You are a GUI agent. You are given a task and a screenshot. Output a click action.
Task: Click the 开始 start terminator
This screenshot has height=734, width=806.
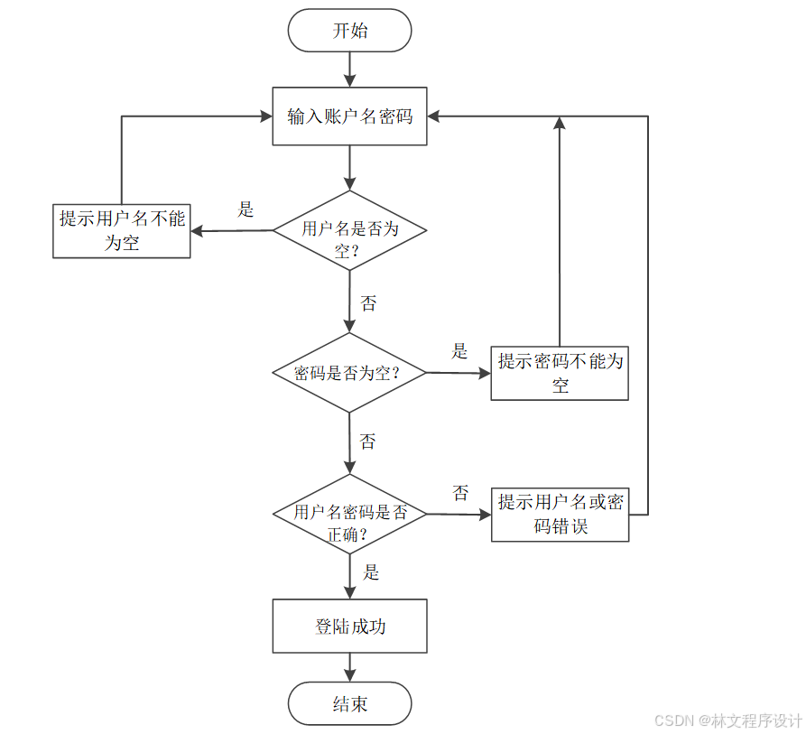[x=349, y=32]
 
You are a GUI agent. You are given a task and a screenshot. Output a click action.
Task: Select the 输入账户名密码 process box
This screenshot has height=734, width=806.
[x=349, y=116]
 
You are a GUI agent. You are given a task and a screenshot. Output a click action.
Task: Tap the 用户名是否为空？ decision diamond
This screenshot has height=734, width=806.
[x=349, y=231]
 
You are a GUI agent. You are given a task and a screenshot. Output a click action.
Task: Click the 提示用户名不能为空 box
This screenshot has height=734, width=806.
[x=122, y=231]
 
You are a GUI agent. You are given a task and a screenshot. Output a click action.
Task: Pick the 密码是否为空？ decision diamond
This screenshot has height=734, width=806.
[x=349, y=372]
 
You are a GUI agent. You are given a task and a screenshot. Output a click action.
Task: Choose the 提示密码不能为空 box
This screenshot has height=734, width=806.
[x=560, y=373]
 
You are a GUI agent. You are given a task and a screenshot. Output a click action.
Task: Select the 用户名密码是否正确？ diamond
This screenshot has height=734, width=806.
[x=349, y=514]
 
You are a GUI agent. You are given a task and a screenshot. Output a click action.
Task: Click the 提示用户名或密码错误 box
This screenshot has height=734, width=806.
[x=560, y=515]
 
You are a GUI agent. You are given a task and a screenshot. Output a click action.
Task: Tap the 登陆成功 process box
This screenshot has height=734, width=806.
[x=349, y=626]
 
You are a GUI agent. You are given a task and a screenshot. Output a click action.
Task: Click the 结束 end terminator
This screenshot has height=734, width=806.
[x=349, y=704]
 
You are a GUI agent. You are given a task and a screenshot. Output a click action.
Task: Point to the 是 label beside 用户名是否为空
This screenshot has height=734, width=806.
[x=246, y=209]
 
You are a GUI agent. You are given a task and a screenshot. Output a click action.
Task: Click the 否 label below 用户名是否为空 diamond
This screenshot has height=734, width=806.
[x=368, y=303]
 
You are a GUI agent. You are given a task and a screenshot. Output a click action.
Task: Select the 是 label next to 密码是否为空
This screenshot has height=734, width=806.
[x=460, y=351]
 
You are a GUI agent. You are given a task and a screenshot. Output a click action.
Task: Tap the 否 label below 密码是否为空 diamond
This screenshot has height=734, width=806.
[x=368, y=441]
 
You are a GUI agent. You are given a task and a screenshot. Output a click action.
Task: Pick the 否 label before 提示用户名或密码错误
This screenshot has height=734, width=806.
[x=460, y=493]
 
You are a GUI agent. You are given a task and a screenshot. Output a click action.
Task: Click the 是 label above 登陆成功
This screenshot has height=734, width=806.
[x=370, y=572]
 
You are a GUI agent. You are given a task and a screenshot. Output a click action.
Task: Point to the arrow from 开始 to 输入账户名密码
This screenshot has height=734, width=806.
[x=349, y=69]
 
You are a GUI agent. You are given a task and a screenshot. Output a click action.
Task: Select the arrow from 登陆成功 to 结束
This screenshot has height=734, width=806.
[x=349, y=667]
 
